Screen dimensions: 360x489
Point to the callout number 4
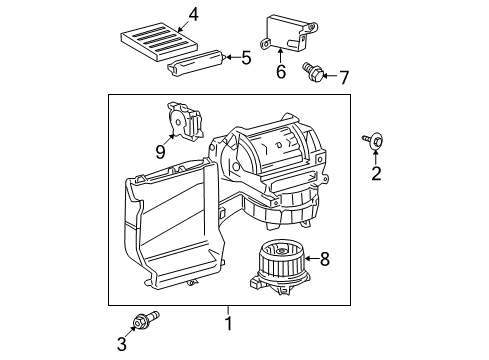(x=194, y=14)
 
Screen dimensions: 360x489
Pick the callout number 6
(x=282, y=72)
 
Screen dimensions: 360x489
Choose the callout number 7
(x=344, y=76)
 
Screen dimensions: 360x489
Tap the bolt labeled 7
(x=316, y=71)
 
